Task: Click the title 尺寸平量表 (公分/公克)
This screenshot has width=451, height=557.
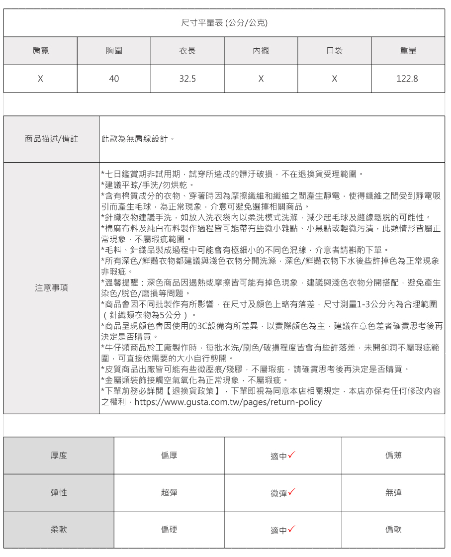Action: coord(225,23)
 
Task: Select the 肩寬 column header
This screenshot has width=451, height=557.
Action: coord(40,51)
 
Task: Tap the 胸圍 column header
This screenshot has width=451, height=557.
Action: coord(114,51)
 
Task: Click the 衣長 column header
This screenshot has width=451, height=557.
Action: coord(187,51)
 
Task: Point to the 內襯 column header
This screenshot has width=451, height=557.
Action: coord(261,51)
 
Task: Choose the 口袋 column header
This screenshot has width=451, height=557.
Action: coord(335,51)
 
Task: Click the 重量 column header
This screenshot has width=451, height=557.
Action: coord(408,51)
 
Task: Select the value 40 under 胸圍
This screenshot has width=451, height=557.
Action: coord(114,79)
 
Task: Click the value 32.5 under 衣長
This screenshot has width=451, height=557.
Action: coord(187,79)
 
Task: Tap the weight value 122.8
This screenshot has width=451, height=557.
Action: coord(408,79)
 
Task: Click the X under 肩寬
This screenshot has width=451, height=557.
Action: coord(40,79)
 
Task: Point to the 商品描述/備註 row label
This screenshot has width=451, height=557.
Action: coord(51,139)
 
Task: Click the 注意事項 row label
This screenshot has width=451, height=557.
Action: coord(51,288)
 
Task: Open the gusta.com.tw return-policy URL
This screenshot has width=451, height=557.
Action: coord(228,402)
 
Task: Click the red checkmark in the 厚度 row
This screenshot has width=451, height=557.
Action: coord(292,455)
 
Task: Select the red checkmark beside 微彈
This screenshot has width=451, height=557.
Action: coord(292,492)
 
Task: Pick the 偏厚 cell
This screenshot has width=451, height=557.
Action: coord(169,455)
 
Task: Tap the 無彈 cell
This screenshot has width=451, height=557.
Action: coord(393,492)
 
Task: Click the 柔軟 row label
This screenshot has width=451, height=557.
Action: coord(59,530)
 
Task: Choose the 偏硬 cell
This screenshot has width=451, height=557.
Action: coord(169,530)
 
